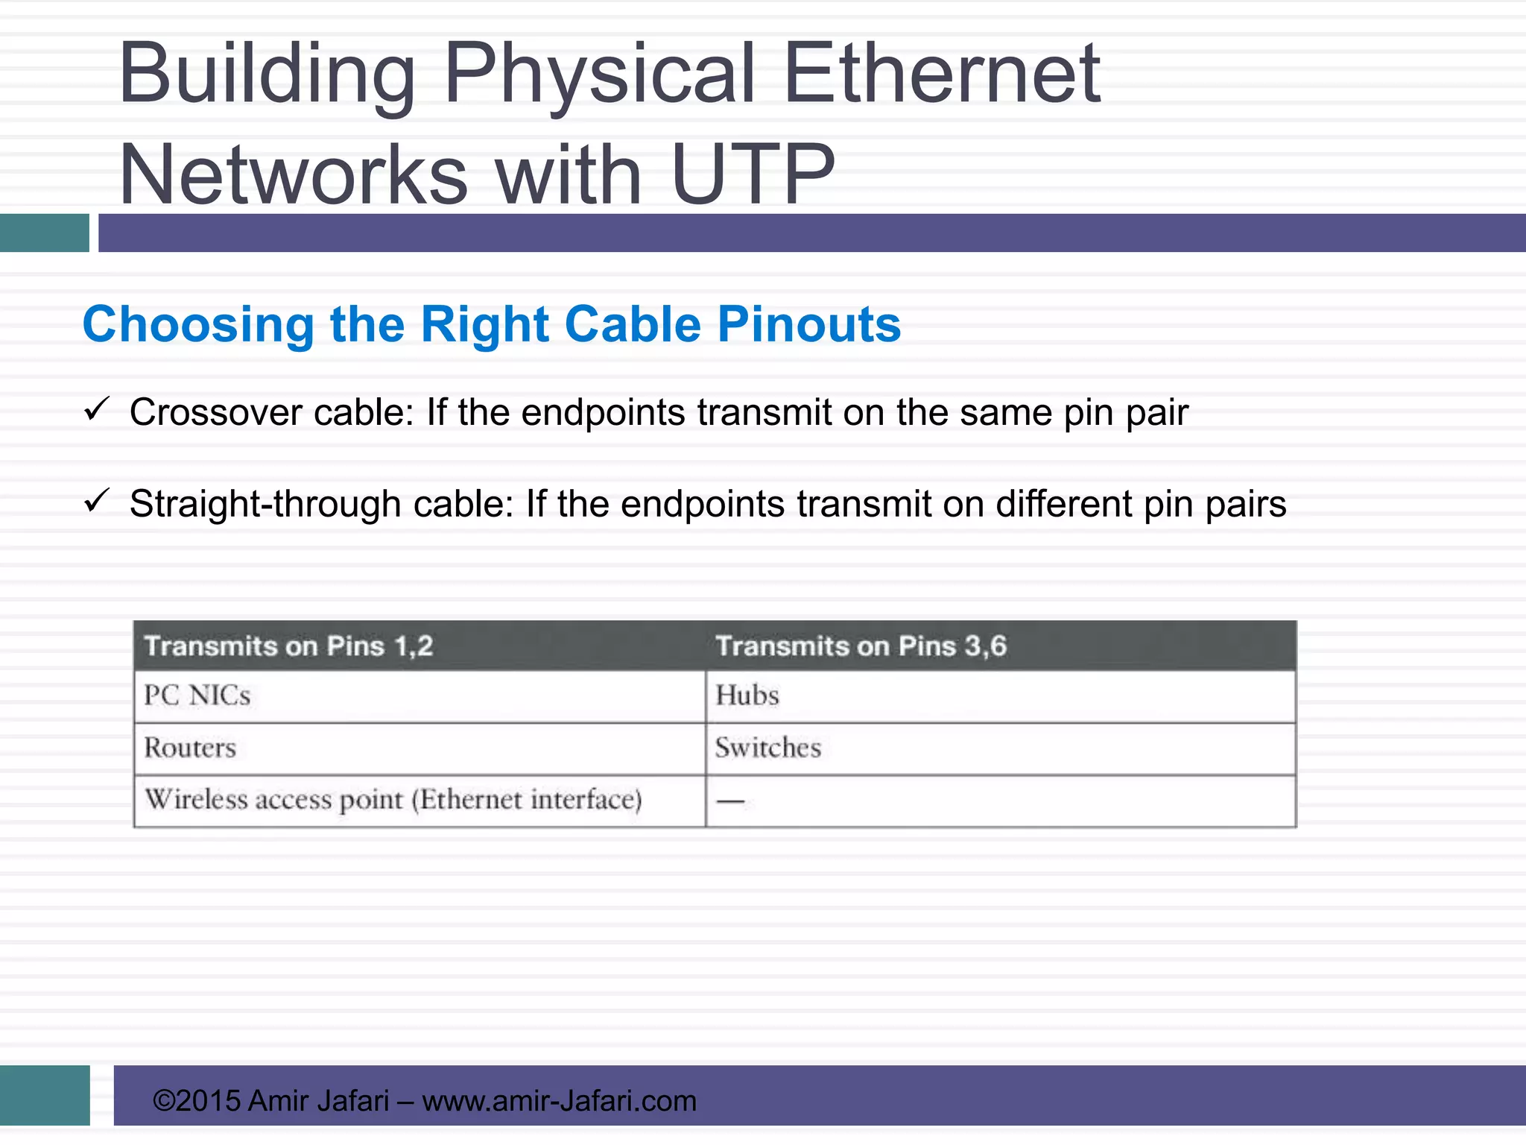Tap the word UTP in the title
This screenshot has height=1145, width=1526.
[x=753, y=175]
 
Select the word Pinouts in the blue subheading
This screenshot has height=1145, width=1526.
[x=809, y=324]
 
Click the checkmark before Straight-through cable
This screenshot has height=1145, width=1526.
[x=98, y=500]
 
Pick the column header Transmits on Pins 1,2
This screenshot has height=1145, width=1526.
[x=288, y=646]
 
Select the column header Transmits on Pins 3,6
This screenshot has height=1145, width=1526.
[x=861, y=646]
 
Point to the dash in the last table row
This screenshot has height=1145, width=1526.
[x=730, y=802]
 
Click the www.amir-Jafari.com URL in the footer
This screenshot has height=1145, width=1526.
[x=559, y=1100]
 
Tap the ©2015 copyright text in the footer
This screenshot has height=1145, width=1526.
[x=197, y=1100]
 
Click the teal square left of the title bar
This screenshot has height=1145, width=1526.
[x=44, y=233]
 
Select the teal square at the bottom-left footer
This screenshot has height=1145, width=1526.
[x=45, y=1095]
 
